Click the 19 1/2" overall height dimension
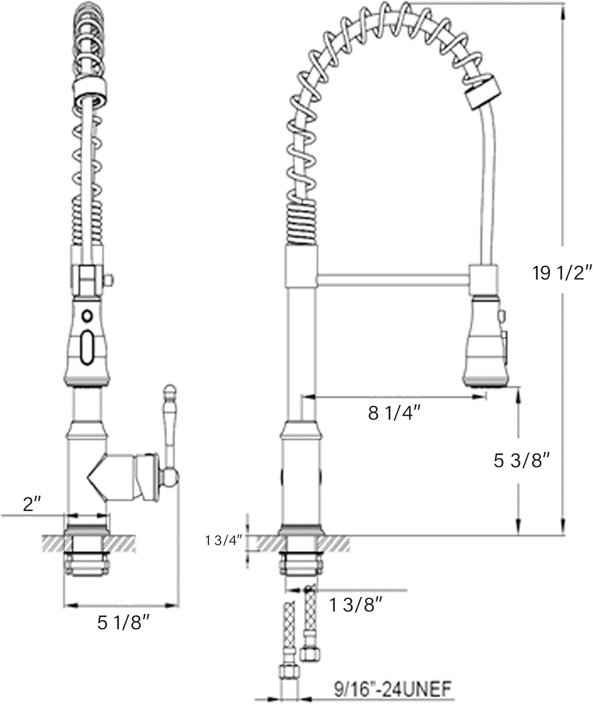pyautogui.click(x=562, y=273)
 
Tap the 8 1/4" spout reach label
pyautogui.click(x=394, y=413)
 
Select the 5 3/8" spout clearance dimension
pyautogui.click(x=521, y=460)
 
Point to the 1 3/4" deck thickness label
pyautogui.click(x=223, y=541)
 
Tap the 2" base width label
pyautogui.click(x=32, y=505)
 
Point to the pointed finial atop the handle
pyautogui.click(x=169, y=392)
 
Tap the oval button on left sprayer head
pyautogui.click(x=87, y=348)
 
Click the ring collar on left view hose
pyautogui.click(x=90, y=89)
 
